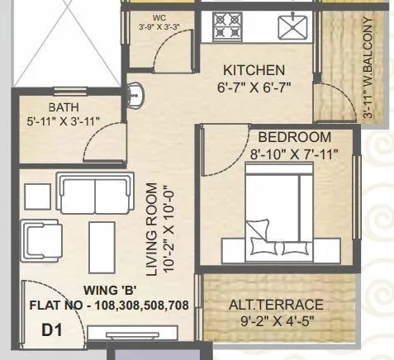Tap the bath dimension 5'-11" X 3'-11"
pos(62,122)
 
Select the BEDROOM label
pos(295,137)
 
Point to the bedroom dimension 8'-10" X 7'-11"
pos(294,153)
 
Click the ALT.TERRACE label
pos(275,304)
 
